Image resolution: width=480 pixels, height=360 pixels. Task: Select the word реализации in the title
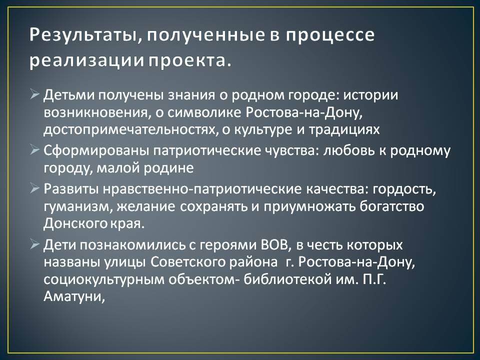tap(86, 60)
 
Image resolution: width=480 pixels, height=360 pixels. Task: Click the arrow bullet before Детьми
tap(35, 94)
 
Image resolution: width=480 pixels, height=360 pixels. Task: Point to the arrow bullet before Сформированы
tap(35, 150)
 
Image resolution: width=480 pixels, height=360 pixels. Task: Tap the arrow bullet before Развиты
tap(35, 188)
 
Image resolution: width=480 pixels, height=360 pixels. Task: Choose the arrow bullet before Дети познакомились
tap(35, 244)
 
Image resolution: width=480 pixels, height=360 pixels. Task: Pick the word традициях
tap(344, 130)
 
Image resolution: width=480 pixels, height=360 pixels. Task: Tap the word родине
tap(168, 168)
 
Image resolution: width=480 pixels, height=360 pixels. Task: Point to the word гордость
tap(404, 189)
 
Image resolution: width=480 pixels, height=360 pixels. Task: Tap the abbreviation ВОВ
tap(274, 245)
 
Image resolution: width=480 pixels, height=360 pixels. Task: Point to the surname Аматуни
tap(74, 296)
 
